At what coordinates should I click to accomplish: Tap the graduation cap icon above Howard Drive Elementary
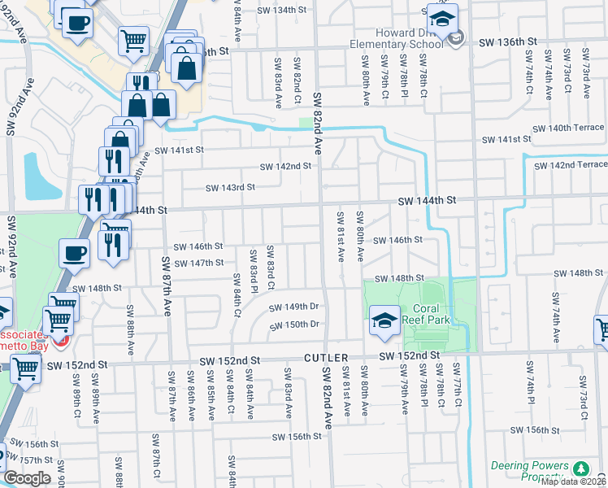442,20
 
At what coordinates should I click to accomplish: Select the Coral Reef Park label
432,314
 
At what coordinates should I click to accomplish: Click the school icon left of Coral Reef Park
384,320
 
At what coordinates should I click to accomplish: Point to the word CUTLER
327,357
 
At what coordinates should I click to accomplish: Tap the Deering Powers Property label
529,471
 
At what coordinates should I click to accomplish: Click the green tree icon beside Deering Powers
581,468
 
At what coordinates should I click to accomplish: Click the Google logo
27,478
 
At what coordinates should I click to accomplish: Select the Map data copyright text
573,481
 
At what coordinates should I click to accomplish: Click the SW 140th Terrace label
569,128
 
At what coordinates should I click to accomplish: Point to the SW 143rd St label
230,187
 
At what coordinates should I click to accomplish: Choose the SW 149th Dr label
293,307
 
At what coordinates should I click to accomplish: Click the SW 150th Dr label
293,325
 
